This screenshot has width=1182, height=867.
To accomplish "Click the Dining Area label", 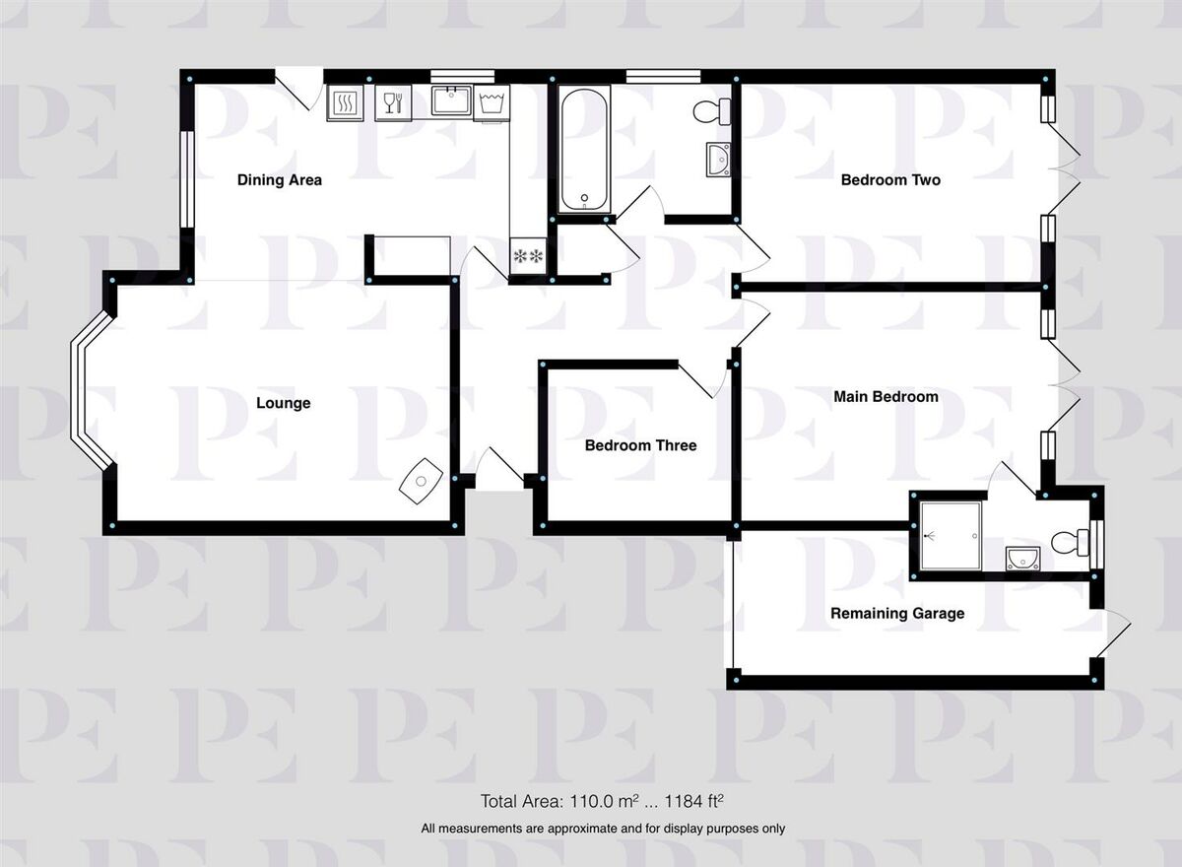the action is click(279, 180).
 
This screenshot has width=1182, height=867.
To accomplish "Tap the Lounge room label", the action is click(284, 403).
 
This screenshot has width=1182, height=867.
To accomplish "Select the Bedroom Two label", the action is click(890, 180).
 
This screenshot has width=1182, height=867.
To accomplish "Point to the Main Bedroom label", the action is click(886, 397).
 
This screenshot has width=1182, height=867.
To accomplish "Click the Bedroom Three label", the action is click(640, 445).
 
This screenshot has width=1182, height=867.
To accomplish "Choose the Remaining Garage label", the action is click(897, 613).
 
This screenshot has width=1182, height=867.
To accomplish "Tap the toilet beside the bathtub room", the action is click(712, 111).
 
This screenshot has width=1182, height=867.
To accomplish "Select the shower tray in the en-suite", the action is click(951, 536).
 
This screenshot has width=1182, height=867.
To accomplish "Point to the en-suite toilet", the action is click(1070, 543).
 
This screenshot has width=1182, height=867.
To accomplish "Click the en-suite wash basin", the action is click(1023, 559).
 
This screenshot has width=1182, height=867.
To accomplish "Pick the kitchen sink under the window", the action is click(451, 100).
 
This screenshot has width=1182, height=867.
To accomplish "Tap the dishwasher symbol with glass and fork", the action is click(393, 102).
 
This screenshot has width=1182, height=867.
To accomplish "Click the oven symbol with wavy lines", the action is click(345, 102).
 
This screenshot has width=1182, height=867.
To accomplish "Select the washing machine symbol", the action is click(492, 102).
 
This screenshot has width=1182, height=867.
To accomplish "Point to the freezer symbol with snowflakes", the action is click(528, 256).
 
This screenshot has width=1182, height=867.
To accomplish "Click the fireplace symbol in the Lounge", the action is click(422, 481).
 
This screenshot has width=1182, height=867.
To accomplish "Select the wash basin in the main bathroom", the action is click(719, 159).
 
